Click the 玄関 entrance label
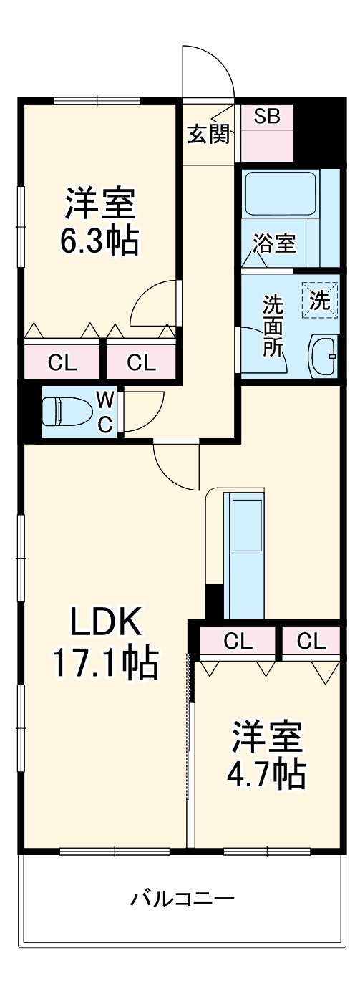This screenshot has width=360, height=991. (x=209, y=134)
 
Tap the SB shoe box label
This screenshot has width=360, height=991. (x=268, y=116)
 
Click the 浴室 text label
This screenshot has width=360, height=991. (x=273, y=243)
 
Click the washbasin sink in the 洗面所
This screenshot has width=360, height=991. (x=324, y=354)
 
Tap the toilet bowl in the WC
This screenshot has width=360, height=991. (x=61, y=412)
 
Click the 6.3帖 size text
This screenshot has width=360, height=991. (x=99, y=242)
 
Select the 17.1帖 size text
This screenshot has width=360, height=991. (x=104, y=664)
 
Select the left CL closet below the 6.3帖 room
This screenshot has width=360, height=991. (x=62, y=362)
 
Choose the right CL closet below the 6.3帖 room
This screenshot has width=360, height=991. (x=141, y=362)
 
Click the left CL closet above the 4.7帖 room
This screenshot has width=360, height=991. (x=238, y=641)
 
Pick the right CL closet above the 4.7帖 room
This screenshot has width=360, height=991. (x=311, y=641)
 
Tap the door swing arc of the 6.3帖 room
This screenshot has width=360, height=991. (x=152, y=304)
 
